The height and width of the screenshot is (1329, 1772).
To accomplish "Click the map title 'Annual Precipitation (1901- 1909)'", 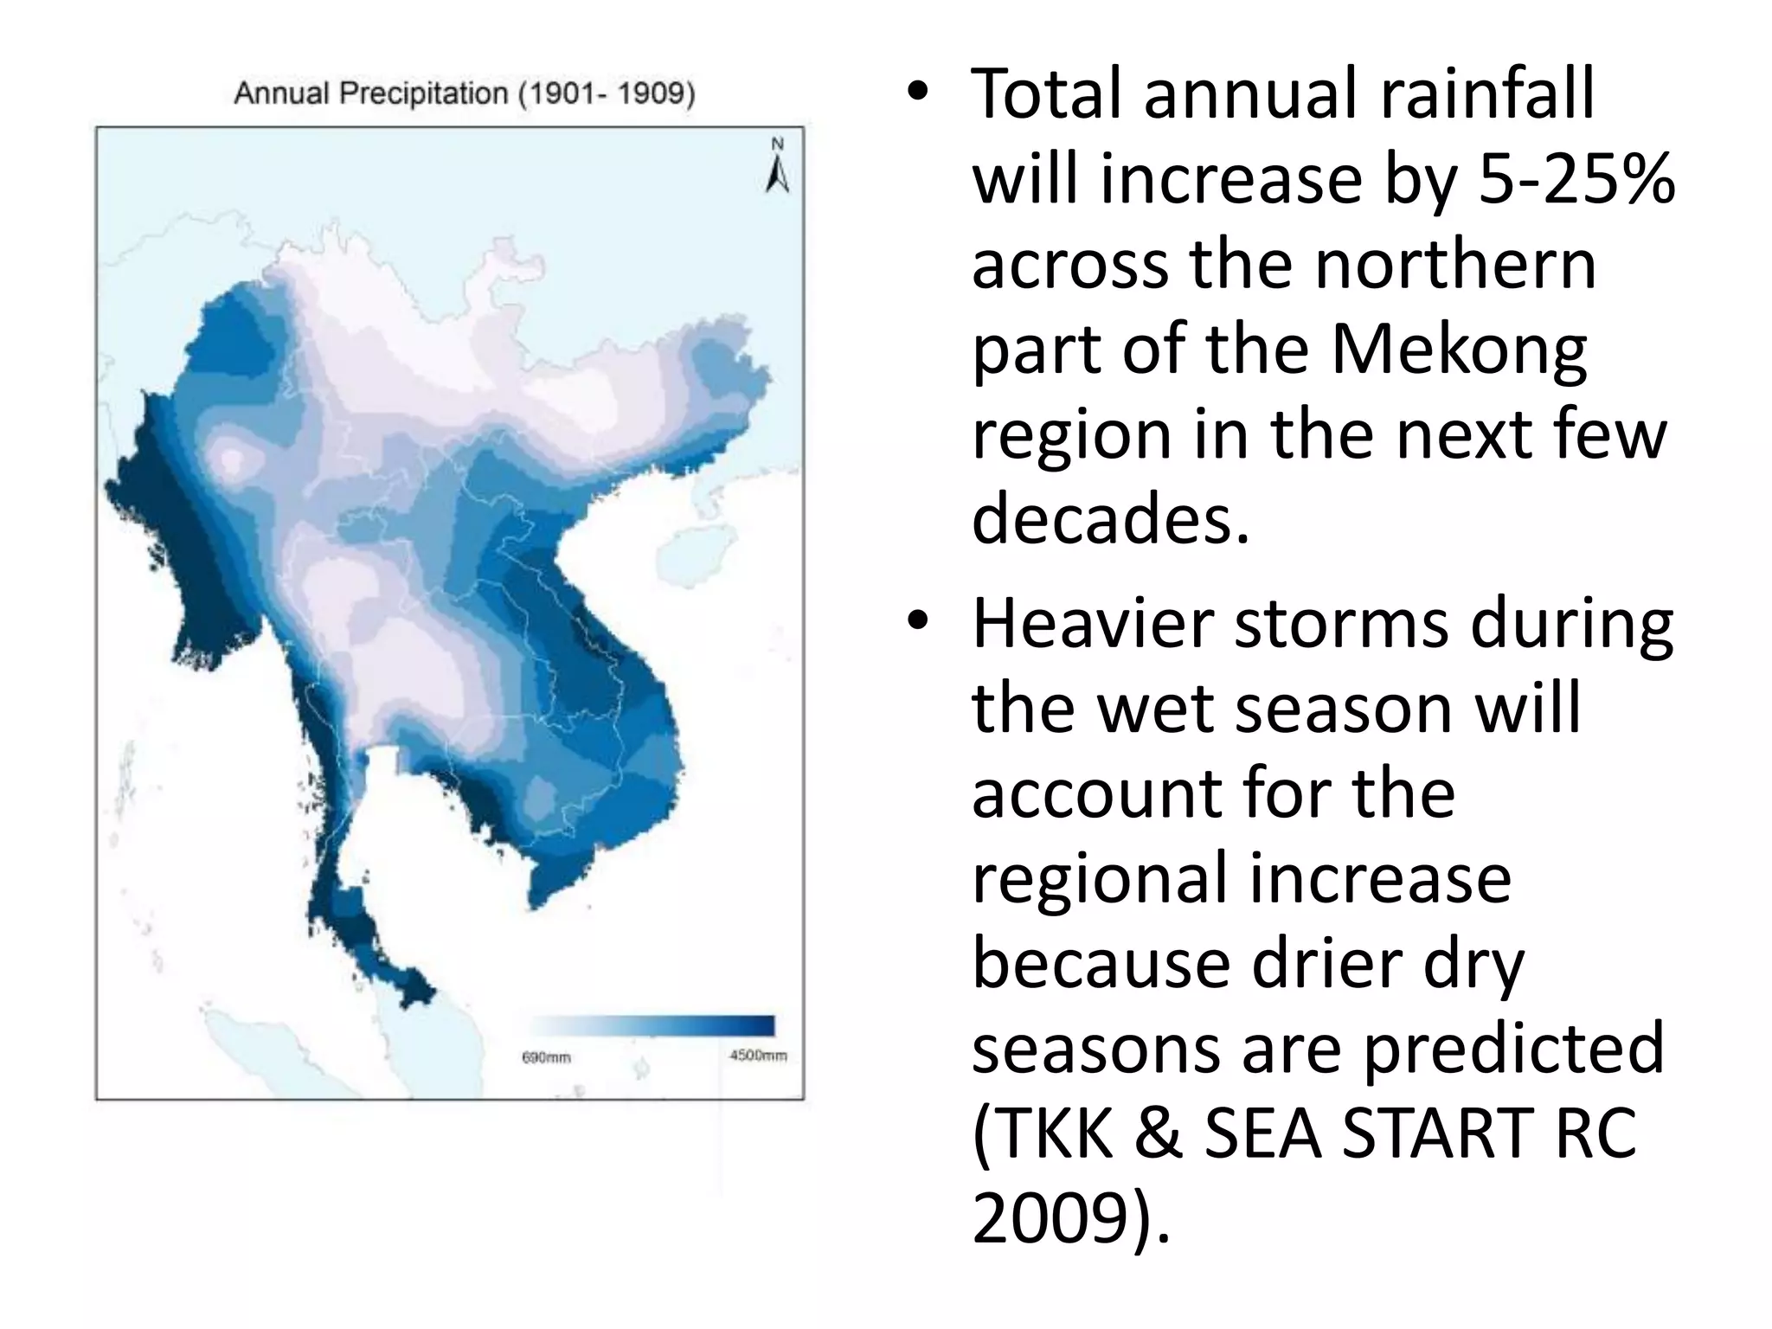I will point(465,93).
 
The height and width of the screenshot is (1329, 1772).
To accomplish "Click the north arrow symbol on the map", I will point(777,167).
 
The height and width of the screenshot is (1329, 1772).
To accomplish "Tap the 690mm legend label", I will point(546,1057).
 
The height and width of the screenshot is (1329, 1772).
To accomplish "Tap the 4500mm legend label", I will point(758,1056).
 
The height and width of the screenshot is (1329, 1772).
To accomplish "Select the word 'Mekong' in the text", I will point(1459,350).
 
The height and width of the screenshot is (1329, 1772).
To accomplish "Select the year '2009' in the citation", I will point(1051,1218).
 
